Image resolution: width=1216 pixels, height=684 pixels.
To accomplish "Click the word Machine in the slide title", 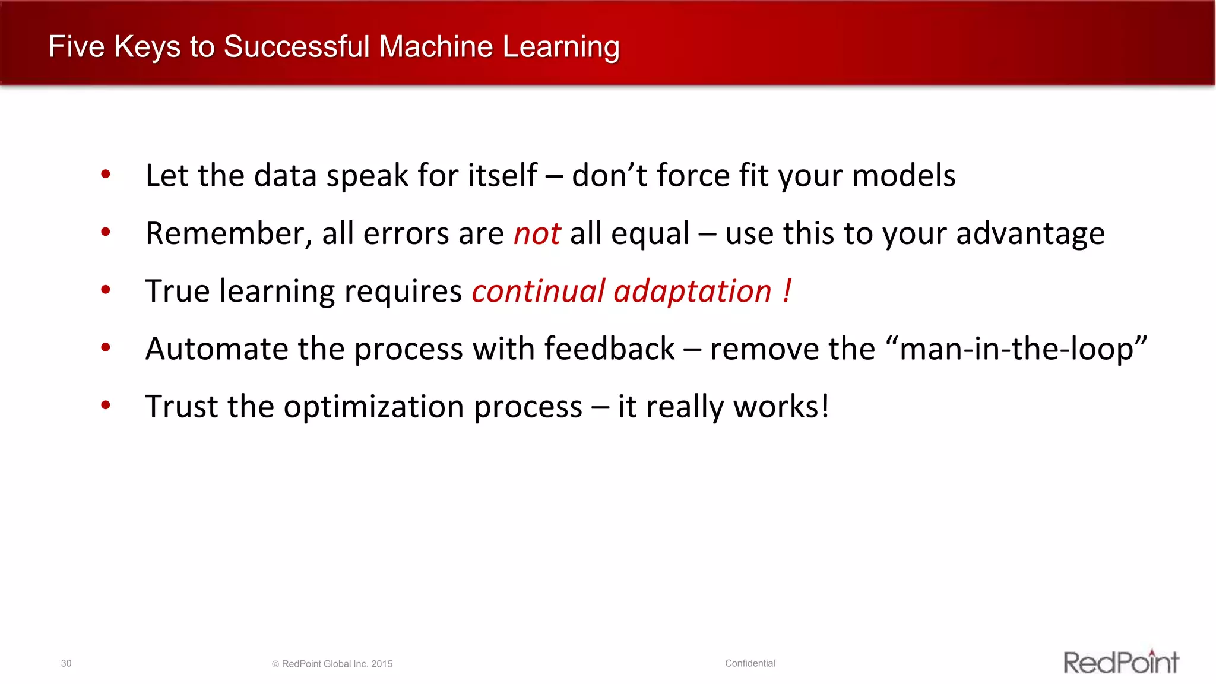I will [x=436, y=47].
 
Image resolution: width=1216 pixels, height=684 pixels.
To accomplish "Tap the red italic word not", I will [x=537, y=233].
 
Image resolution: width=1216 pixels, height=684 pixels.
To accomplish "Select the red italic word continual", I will [x=538, y=291].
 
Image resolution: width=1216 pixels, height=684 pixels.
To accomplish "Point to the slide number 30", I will [x=66, y=663].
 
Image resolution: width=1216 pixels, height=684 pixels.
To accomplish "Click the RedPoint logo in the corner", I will [x=1121, y=662].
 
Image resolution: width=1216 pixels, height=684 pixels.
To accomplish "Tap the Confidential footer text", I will [x=750, y=663].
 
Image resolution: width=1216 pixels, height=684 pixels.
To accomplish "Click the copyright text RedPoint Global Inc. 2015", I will [x=337, y=664].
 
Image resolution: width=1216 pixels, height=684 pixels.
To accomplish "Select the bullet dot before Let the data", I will [x=106, y=175].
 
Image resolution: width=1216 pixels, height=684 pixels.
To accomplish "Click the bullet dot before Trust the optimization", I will [x=106, y=406].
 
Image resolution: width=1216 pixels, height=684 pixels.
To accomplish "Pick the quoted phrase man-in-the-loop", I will [x=1022, y=349].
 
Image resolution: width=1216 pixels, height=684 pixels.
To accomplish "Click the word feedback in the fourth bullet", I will [x=609, y=349].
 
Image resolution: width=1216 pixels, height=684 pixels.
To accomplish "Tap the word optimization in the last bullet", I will [x=433, y=407].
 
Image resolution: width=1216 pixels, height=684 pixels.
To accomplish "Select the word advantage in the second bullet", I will [x=1030, y=234].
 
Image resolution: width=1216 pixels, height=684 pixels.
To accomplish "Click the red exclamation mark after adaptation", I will [x=787, y=291].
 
